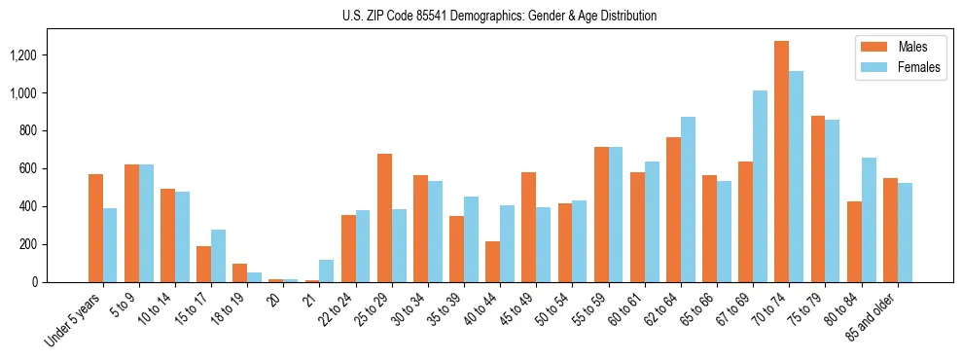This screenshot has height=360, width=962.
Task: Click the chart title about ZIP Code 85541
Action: click(499, 16)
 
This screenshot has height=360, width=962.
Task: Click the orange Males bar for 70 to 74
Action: click(781, 162)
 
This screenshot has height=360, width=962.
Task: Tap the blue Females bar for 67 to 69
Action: click(760, 187)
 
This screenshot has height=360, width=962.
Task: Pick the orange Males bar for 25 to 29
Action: click(384, 218)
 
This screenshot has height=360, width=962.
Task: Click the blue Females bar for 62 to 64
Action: click(688, 199)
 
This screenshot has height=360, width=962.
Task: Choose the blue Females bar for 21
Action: click(326, 271)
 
